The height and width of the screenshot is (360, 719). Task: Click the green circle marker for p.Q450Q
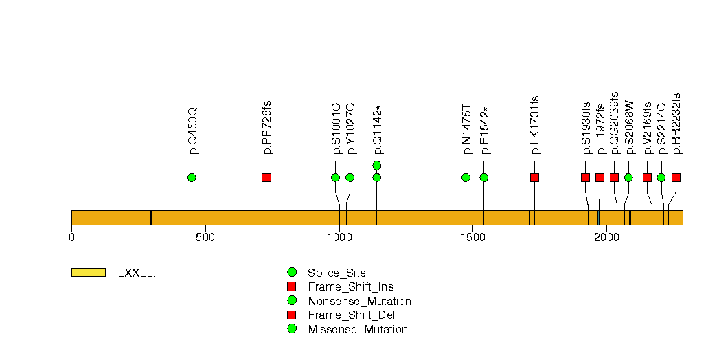tap(192, 177)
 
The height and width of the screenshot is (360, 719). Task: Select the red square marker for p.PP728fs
tap(266, 177)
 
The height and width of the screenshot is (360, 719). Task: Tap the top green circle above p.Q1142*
tap(377, 165)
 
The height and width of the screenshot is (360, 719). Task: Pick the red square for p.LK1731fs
tap(534, 177)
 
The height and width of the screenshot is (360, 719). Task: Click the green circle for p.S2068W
tap(628, 177)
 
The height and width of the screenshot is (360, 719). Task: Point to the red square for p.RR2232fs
tap(676, 177)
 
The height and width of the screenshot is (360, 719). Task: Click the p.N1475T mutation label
tap(466, 130)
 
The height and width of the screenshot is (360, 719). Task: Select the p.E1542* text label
tap(484, 131)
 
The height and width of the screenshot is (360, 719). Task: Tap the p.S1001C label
tap(336, 129)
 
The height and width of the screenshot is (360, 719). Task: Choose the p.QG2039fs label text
tap(615, 123)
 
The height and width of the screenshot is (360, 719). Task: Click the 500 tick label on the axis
tap(205, 237)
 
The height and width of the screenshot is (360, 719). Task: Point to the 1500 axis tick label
tap(472, 237)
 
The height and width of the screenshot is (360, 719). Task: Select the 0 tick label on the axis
tap(71, 237)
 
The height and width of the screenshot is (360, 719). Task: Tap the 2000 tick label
tap(606, 237)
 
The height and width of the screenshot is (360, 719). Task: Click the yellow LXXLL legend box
tap(89, 273)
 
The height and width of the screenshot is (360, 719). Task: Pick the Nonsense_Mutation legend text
tap(360, 302)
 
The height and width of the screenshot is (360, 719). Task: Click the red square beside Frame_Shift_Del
tap(291, 315)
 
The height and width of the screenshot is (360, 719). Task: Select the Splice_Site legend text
tap(336, 273)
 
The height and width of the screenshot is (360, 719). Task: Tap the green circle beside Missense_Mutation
tap(292, 329)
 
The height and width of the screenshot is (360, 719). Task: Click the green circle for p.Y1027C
tap(350, 177)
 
